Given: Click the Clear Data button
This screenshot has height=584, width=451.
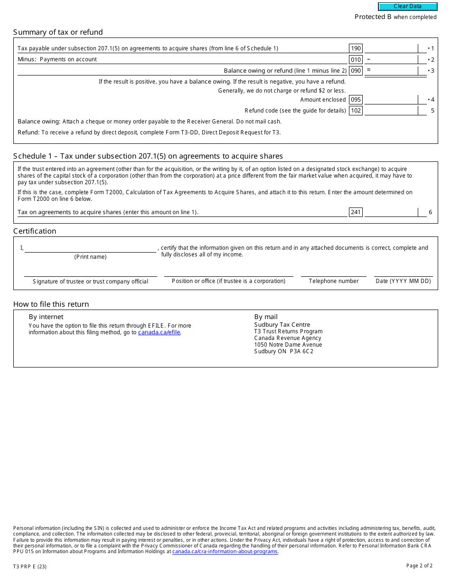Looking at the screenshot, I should point(407,7).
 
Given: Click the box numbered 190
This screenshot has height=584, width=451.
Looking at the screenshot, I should point(356,48).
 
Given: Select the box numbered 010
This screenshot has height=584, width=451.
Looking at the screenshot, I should point(356,59).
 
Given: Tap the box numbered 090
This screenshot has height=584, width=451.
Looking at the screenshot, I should point(356,71).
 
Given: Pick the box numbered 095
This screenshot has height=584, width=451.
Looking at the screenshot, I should point(356,100).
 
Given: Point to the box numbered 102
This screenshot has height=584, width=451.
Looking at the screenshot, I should point(356,111).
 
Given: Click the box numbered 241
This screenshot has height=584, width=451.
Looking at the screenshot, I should point(356,212).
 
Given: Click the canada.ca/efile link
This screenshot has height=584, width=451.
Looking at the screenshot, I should point(159,332).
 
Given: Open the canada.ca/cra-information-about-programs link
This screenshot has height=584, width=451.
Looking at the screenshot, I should point(225,551).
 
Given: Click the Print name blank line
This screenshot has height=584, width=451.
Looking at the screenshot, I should point(90,248).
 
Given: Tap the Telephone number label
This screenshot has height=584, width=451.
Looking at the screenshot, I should point(334,281).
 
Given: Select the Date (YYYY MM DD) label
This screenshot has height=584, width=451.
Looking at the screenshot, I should point(403,281).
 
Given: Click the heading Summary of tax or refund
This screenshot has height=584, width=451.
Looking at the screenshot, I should point(58,32).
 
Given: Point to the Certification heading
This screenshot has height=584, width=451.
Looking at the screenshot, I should point(35,231).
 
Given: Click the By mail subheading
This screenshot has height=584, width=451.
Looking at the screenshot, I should point(266,317).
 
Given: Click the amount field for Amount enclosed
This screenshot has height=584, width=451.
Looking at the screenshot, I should point(391,100).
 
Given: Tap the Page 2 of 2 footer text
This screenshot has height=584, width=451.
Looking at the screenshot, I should point(419,565).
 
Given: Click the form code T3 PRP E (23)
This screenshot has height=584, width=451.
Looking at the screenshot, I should point(30,566).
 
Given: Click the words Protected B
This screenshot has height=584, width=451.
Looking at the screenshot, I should point(373,17).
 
